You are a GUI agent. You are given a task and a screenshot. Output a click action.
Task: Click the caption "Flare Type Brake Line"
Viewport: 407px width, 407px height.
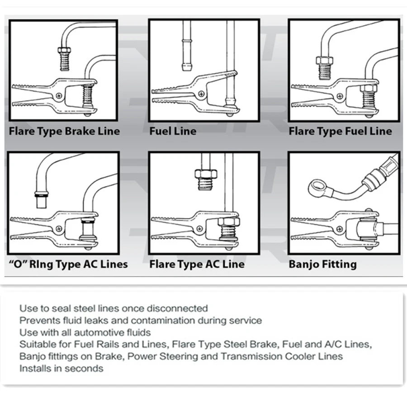click(65, 132)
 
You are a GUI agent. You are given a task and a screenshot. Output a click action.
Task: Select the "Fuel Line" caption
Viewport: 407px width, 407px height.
click(173, 132)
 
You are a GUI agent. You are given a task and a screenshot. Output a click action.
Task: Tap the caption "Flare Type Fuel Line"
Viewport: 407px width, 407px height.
click(340, 132)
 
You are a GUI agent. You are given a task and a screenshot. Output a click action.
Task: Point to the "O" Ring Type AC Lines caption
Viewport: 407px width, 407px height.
click(68, 265)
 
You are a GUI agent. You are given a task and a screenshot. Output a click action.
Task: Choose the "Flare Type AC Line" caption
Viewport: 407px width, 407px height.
click(197, 264)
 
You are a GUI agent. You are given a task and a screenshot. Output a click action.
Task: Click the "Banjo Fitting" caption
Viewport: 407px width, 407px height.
click(322, 264)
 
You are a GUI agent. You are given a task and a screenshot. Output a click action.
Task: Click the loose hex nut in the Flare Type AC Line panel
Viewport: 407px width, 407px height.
click(205, 174)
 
